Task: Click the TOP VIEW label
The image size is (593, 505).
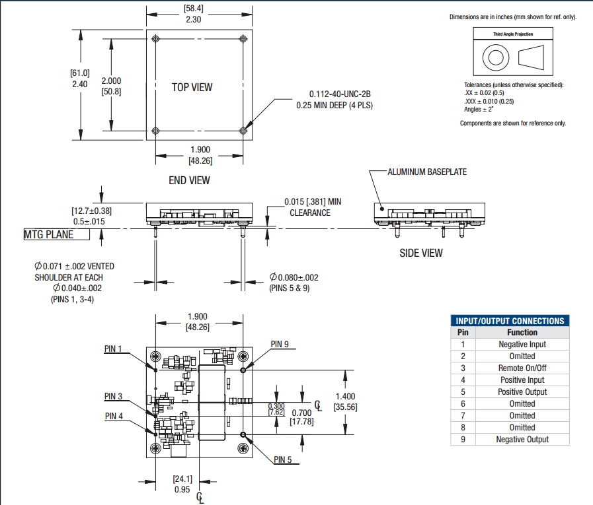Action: [x=192, y=87]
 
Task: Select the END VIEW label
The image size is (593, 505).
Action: [x=189, y=180]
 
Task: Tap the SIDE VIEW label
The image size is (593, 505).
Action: [x=421, y=253]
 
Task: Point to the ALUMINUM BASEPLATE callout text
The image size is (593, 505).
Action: [x=426, y=172]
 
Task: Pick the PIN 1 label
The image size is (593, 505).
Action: [x=113, y=349]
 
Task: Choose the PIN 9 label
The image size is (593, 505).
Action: [x=280, y=345]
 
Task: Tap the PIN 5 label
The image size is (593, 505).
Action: [x=282, y=459]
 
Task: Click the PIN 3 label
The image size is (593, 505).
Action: [x=113, y=397]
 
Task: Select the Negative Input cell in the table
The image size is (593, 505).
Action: [x=522, y=344]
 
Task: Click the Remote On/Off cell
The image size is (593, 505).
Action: [x=522, y=368]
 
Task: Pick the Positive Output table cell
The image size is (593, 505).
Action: [x=522, y=391]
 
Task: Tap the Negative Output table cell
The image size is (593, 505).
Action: [x=522, y=439]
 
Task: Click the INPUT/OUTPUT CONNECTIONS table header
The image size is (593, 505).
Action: [x=510, y=321]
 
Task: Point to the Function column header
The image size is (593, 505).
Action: [x=522, y=332]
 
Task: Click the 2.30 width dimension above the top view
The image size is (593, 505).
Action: [x=193, y=20]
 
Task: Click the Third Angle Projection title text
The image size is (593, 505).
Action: [x=513, y=34]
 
